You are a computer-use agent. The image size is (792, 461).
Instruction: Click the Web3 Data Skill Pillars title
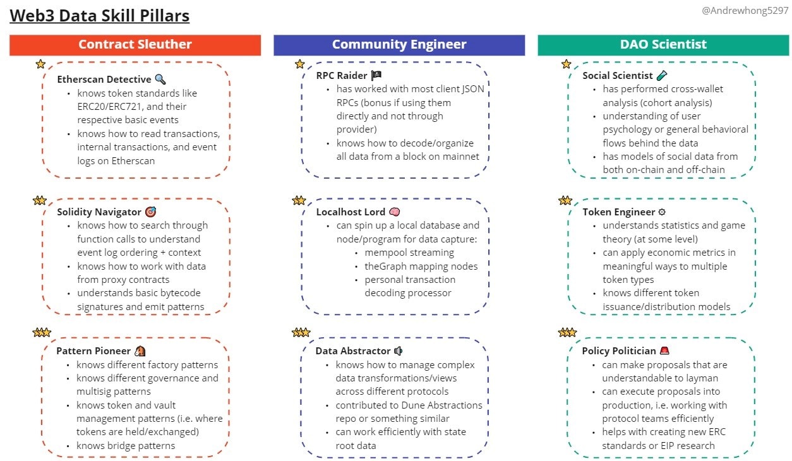[99, 16]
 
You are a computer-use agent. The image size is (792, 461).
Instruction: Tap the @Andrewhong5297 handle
[745, 11]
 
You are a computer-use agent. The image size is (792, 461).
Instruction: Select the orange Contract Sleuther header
[135, 45]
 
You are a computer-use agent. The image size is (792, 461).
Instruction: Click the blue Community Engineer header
[399, 45]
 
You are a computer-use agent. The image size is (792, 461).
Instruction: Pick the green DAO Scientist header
[663, 45]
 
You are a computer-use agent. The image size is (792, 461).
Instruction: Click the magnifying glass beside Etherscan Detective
[160, 79]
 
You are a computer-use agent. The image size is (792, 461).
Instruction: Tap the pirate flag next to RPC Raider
[376, 75]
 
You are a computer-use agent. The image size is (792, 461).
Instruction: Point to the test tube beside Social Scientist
[662, 75]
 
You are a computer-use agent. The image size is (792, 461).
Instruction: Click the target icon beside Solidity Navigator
[150, 212]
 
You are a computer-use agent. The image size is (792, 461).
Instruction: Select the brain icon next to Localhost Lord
[395, 212]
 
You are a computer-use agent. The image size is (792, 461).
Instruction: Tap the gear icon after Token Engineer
[662, 212]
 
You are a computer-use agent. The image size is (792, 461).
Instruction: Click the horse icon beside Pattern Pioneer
[140, 350]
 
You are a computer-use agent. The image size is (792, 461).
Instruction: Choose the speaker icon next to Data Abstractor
[398, 350]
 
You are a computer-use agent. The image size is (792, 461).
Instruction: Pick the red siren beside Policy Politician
[664, 350]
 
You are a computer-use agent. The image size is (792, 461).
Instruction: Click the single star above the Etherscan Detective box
[40, 64]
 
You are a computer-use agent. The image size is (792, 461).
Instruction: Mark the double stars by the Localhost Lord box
[299, 200]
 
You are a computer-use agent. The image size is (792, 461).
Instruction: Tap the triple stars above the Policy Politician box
[568, 332]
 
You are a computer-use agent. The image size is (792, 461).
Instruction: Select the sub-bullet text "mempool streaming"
[409, 253]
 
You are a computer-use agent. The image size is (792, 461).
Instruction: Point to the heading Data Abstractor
[353, 350]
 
